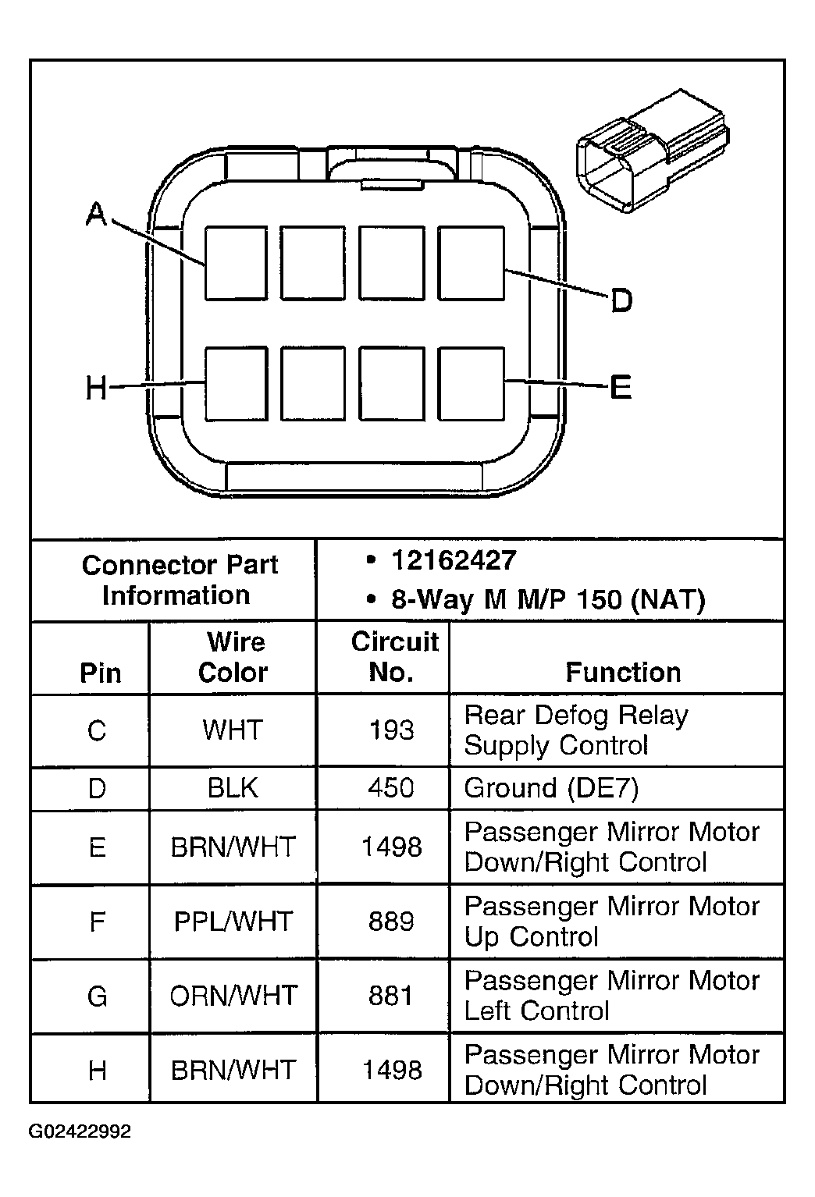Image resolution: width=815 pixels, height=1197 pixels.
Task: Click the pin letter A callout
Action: [x=96, y=214]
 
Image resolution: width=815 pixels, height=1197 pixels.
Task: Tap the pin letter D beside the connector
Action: [x=621, y=300]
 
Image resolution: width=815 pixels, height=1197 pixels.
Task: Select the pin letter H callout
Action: [x=96, y=387]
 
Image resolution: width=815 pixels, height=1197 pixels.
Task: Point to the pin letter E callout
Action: [x=620, y=386]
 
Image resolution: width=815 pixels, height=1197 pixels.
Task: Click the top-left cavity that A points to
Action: [x=236, y=263]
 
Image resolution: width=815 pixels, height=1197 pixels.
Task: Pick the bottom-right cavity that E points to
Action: [x=471, y=384]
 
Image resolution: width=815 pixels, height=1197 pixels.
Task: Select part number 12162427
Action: [x=454, y=560]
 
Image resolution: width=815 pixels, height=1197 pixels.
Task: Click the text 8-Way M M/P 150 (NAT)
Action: [x=547, y=599]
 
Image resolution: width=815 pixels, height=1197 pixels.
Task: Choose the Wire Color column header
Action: [x=233, y=657]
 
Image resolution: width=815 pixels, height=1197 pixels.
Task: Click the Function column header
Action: [x=623, y=672]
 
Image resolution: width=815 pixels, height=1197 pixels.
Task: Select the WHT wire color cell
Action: [x=233, y=730]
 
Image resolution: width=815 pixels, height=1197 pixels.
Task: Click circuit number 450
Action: [x=390, y=788]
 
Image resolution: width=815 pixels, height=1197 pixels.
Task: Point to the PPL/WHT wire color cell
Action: [x=233, y=922]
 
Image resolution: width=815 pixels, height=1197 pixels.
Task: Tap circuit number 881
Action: [x=390, y=996]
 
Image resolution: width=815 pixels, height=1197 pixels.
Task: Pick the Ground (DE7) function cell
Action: [x=551, y=788]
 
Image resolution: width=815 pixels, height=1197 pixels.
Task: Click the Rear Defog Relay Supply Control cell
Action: [x=576, y=730]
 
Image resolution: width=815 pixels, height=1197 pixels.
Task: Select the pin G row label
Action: [x=97, y=996]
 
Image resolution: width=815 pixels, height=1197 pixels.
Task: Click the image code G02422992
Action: [x=80, y=1131]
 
